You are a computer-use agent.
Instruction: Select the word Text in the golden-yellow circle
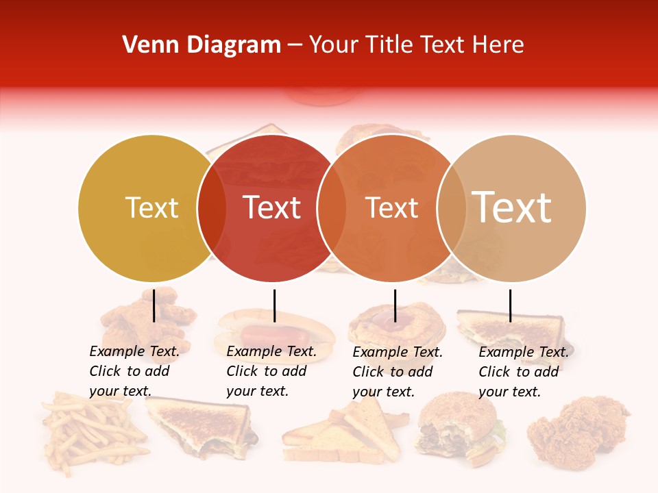(151, 207)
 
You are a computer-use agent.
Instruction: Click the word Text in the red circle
(272, 207)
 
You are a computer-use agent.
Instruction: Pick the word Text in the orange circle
(391, 208)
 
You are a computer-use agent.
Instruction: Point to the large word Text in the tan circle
(512, 207)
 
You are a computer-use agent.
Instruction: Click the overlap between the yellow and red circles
(212, 208)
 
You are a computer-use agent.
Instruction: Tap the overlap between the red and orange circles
(332, 208)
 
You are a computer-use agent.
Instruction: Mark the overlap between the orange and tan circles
(452, 208)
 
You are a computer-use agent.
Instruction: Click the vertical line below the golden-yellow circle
(154, 305)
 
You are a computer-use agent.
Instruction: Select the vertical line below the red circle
(274, 305)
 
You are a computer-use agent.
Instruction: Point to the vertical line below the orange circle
(395, 305)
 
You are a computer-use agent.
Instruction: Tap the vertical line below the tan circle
(510, 305)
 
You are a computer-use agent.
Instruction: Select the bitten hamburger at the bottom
(456, 428)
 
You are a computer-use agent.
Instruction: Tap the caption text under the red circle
(271, 371)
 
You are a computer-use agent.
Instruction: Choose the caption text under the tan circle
(523, 372)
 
